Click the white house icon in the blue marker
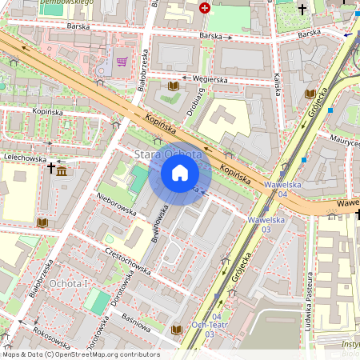tap(179, 173)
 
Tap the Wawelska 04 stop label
tap(282, 188)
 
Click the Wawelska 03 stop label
tap(266, 223)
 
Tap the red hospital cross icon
tap(205, 8)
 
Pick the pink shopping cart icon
tap(122, 61)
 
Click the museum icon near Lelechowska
tap(62, 170)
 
